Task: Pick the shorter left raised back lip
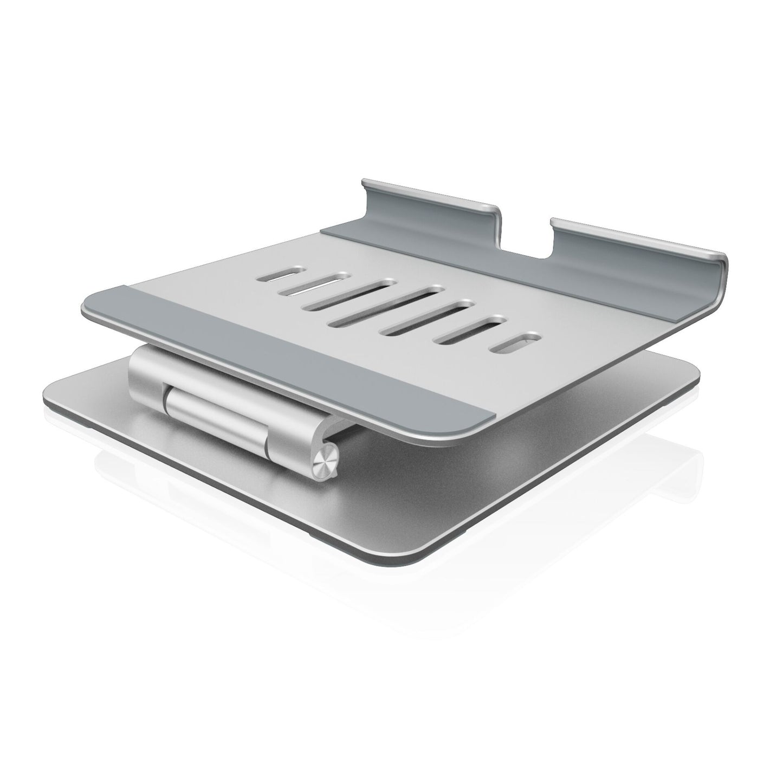tap(428, 203)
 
